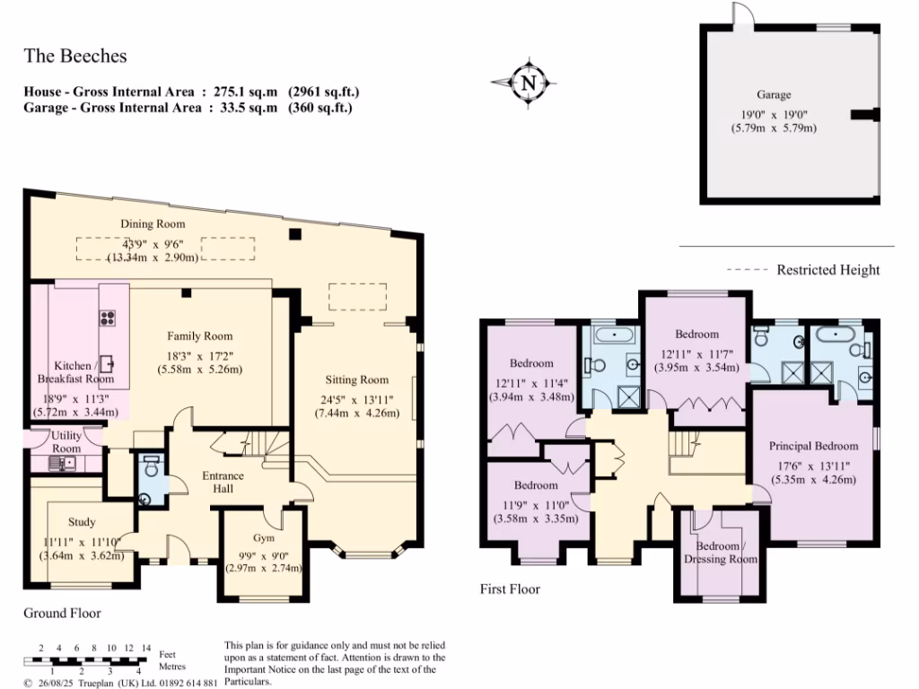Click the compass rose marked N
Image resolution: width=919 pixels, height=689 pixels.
click(528, 83)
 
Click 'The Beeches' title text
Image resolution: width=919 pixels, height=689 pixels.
click(75, 56)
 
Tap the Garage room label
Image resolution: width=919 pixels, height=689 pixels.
click(773, 94)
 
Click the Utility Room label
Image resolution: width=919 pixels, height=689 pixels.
click(66, 441)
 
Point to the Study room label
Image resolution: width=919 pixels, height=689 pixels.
click(82, 521)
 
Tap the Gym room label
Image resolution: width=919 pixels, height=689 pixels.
click(263, 538)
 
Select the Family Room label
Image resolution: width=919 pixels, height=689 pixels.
click(199, 336)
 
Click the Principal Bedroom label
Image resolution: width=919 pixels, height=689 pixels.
click(813, 446)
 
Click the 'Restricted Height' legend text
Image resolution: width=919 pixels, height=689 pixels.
click(827, 270)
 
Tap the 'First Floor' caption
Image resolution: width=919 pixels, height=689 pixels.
click(510, 589)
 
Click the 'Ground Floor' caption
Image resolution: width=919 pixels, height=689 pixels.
click(62, 614)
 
